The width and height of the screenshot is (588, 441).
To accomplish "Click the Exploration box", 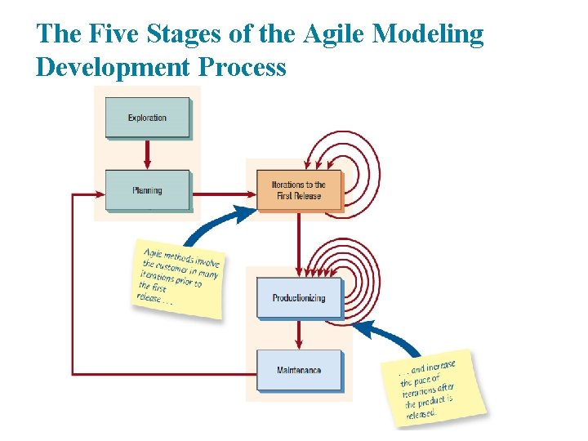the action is coord(147,118).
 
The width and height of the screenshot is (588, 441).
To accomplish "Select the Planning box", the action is coord(147,190).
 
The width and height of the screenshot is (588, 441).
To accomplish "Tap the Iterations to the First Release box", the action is coord(298,190).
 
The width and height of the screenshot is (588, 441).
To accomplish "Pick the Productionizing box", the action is coord(298,297).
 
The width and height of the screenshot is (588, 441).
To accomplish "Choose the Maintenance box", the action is coord(299,371).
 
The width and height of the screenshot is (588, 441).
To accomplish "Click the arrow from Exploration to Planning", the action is coord(147,154).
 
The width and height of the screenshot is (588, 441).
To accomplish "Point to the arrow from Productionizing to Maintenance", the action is coord(299,334).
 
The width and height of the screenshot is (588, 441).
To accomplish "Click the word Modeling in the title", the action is coord(428,34).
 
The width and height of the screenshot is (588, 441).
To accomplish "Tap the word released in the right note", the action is coord(421,413).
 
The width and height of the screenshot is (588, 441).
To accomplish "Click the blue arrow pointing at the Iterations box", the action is coord(216,222).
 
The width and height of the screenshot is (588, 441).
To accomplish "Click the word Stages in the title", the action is coord(183,34).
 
